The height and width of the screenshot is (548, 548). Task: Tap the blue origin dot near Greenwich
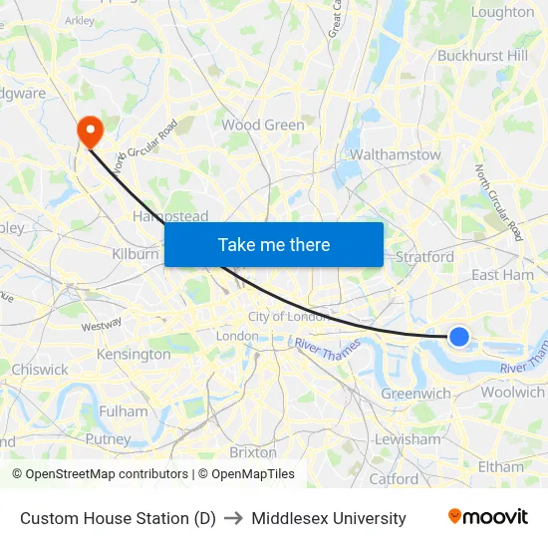[x=459, y=337]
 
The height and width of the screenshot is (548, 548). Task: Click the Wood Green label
[x=263, y=125]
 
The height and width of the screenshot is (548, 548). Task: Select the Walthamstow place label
[x=396, y=154]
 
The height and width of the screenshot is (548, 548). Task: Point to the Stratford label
[x=425, y=256]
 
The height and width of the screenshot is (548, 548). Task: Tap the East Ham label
[x=502, y=274]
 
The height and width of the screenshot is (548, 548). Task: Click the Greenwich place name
[x=416, y=394]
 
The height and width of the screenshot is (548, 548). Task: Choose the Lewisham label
[x=408, y=438]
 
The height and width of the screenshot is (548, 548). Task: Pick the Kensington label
[x=134, y=354]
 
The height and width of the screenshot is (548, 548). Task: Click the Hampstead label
[x=170, y=216]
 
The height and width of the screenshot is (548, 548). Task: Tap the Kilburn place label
[x=136, y=254]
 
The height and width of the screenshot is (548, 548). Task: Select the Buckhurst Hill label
[x=483, y=55]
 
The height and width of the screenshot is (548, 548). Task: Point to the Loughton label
[x=502, y=12]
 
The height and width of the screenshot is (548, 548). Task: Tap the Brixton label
[x=253, y=451]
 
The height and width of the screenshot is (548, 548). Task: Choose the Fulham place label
[x=124, y=411]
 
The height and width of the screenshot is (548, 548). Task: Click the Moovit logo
[x=488, y=517]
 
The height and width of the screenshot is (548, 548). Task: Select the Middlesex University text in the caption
[x=329, y=518]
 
